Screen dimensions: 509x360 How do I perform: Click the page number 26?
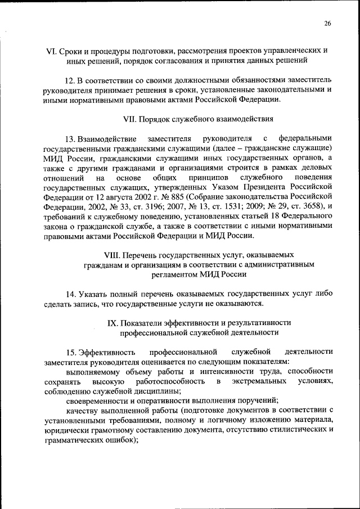327,23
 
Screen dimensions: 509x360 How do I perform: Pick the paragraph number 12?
71,80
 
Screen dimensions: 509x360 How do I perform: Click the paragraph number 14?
71,294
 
